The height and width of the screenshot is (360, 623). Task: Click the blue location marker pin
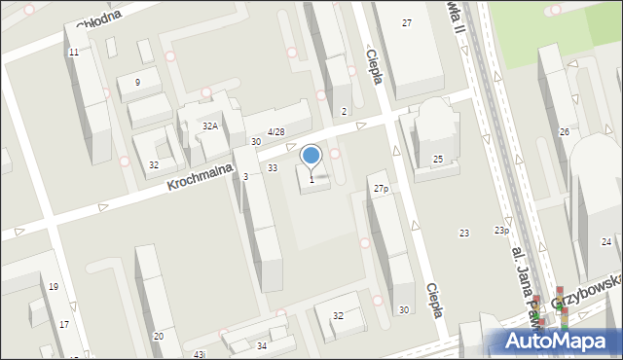[311, 156]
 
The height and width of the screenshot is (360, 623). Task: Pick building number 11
[74, 52]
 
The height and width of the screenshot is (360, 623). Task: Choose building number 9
[137, 83]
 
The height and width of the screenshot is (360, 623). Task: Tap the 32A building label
[209, 126]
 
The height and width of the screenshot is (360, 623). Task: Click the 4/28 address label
[276, 131]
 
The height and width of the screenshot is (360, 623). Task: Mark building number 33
[273, 168]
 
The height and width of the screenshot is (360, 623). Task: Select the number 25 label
[438, 159]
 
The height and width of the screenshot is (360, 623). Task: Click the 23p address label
[501, 231]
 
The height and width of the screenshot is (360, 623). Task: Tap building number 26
[564, 131]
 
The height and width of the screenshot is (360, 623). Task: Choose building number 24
[606, 241]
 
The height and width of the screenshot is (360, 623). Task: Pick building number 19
[54, 286]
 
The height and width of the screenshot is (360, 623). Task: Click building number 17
[63, 324]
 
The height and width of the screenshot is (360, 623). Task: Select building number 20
[158, 336]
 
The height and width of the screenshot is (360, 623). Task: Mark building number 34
[262, 345]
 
